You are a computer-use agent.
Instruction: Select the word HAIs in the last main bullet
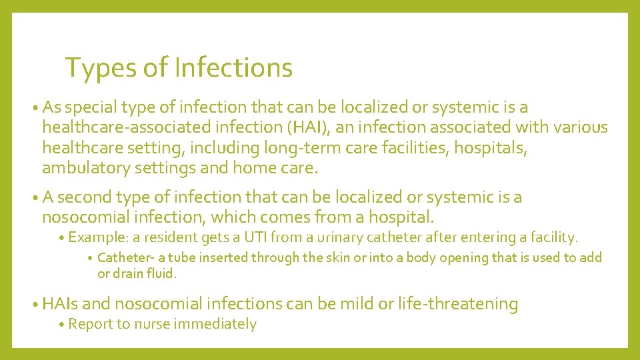(x=60, y=304)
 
